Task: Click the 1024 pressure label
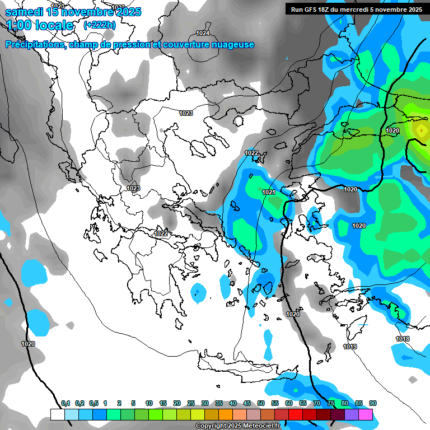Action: point(203,33)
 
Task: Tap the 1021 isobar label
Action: point(269,193)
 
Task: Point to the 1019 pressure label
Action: point(350,347)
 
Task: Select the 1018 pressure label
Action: point(402,339)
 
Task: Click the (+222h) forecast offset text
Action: point(99,25)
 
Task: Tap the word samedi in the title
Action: point(24,12)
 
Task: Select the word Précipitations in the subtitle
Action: point(35,45)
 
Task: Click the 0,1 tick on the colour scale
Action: point(66,403)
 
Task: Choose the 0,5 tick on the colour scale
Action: point(94,403)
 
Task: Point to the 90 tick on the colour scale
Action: point(373,403)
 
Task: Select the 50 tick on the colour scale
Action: point(261,403)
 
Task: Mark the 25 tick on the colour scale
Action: point(191,403)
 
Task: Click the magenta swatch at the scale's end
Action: point(366,414)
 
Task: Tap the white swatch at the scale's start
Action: point(58,414)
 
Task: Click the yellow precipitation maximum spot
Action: point(420,130)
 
